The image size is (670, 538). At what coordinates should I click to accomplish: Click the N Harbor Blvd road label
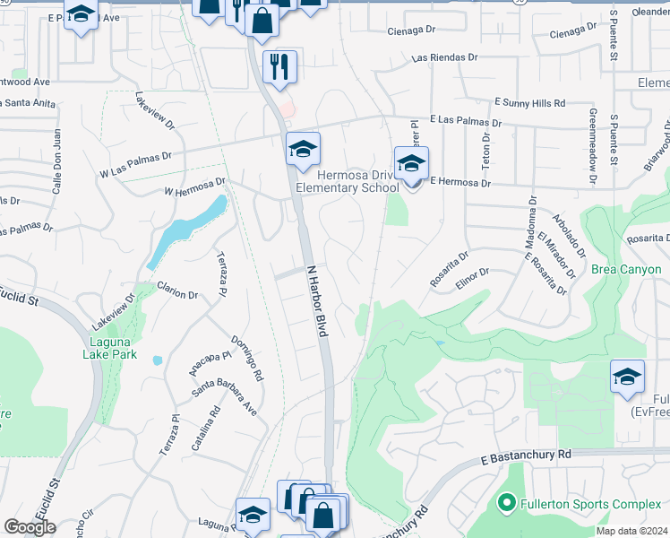coord(318,300)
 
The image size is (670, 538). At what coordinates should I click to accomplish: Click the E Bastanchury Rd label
coord(525,455)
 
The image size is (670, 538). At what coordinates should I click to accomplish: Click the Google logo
coord(30,526)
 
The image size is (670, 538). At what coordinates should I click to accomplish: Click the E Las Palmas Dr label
coord(465,120)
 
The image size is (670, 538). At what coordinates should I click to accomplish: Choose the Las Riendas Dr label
coord(444,57)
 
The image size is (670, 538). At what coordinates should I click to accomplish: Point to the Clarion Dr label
coord(177,292)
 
